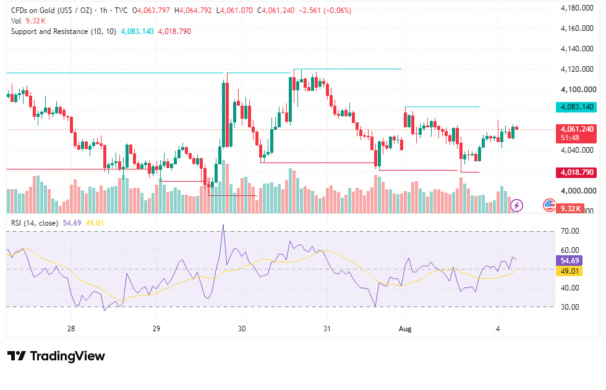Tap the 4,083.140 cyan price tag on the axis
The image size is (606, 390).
[x=576, y=107]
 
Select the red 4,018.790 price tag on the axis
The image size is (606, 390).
[x=576, y=172]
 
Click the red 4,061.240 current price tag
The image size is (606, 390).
[x=576, y=134]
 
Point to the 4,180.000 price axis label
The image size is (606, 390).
[x=576, y=7]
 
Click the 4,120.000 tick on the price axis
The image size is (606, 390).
[x=576, y=69]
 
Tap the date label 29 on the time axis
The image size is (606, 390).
[x=156, y=329]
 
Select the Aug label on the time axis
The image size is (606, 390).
[x=405, y=329]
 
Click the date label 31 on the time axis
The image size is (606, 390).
[x=327, y=329]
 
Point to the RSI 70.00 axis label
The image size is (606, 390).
[x=570, y=231]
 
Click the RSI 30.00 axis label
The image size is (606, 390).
[x=570, y=307]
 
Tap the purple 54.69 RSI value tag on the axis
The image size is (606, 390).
[x=569, y=261]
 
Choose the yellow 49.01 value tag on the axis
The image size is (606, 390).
[x=569, y=271]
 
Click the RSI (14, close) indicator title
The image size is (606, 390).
[x=35, y=223]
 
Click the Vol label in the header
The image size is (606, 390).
[x=16, y=21]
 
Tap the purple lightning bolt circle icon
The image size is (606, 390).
[x=517, y=205]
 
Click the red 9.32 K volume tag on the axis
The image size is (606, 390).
[x=570, y=208]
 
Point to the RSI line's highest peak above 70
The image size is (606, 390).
[x=223, y=225]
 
